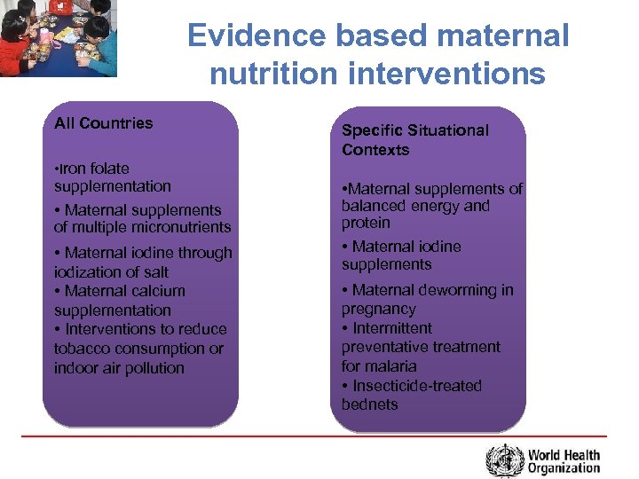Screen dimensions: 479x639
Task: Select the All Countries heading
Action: (103, 123)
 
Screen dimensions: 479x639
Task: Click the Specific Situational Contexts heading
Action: (414, 140)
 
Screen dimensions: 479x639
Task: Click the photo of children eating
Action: (58, 38)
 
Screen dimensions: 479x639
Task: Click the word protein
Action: (366, 224)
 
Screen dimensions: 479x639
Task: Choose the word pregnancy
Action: (378, 310)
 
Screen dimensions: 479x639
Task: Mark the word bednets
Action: (370, 404)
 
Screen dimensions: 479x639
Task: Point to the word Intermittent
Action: (392, 328)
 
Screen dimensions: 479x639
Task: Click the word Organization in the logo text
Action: (564, 468)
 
